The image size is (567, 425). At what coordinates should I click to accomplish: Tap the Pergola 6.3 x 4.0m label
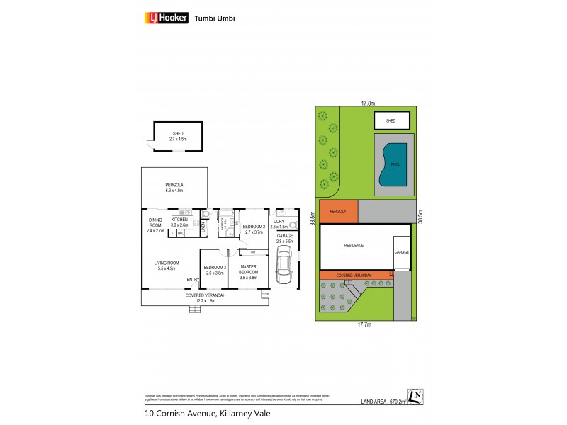click(174, 187)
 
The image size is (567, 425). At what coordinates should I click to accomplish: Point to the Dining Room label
click(155, 225)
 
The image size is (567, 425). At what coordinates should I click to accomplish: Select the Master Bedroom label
click(247, 269)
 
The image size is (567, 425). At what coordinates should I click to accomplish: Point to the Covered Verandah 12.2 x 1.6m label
click(206, 297)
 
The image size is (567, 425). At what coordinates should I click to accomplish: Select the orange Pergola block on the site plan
click(338, 211)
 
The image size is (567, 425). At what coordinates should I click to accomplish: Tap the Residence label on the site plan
click(354, 245)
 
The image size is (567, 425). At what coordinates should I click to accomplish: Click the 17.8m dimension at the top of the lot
click(367, 103)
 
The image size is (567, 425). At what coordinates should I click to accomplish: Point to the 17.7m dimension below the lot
click(364, 324)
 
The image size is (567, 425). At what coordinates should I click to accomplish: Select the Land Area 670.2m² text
click(383, 401)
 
